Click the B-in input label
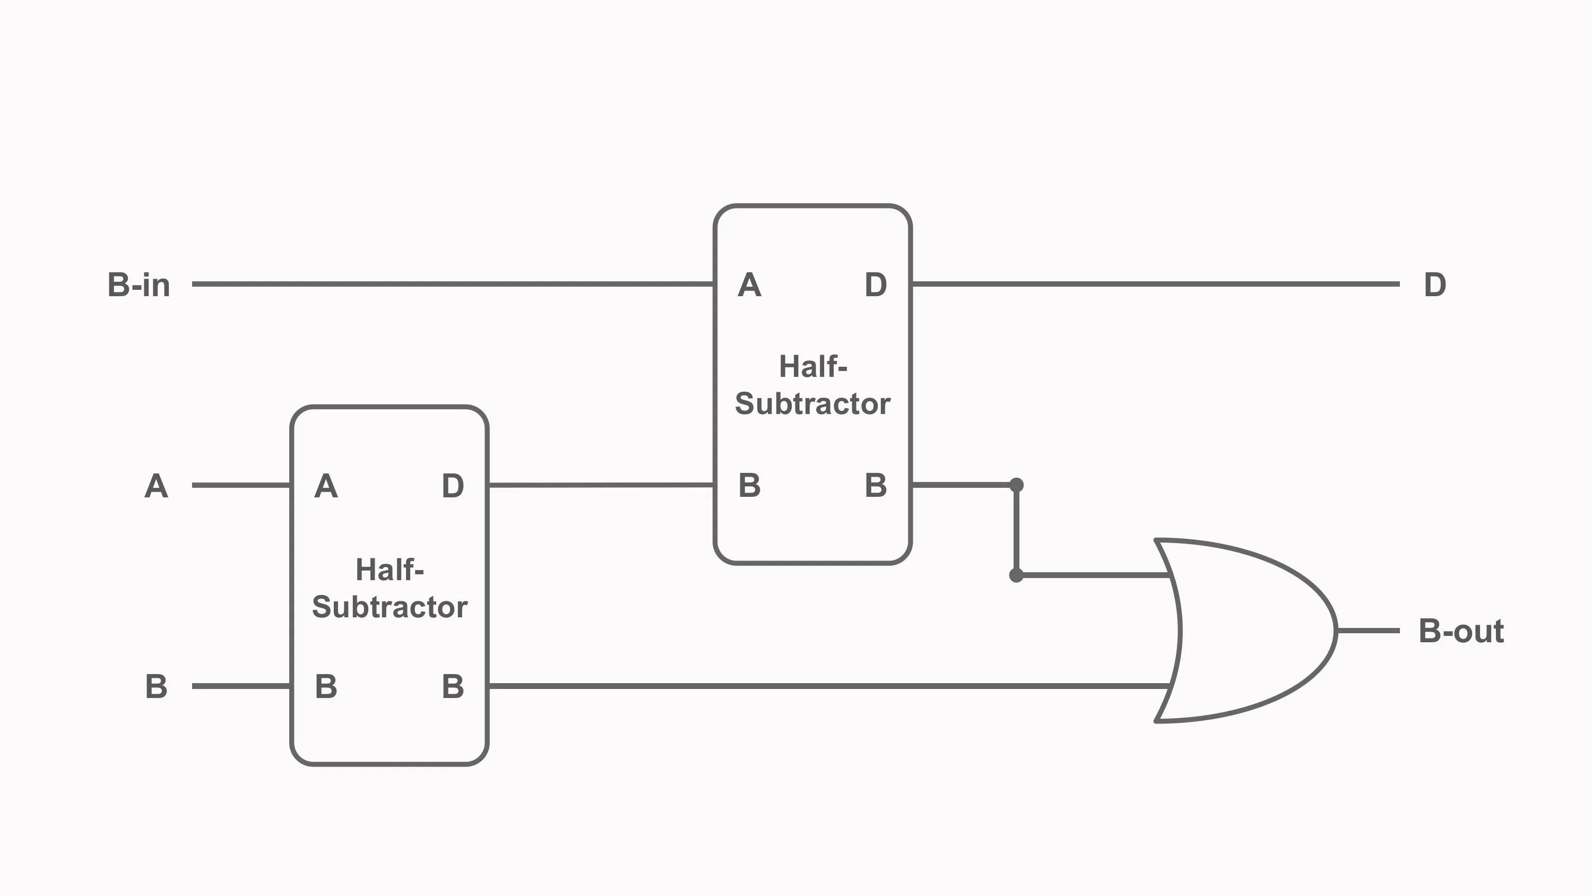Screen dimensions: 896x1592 point(139,285)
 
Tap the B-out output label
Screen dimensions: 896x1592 point(1460,631)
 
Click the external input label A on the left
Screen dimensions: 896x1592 point(155,486)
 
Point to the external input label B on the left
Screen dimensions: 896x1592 point(155,686)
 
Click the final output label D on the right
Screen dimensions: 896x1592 point(1434,285)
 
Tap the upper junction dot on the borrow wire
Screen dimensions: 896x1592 point(1016,485)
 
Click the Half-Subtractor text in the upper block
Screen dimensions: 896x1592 point(812,385)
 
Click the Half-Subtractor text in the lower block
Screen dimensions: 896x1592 point(390,588)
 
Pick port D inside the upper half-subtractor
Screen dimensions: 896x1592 point(876,285)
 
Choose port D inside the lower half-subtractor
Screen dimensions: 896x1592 point(452,486)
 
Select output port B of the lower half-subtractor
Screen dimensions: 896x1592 point(452,686)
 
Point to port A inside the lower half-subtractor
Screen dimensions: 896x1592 point(326,486)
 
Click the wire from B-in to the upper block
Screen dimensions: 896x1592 point(451,284)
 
